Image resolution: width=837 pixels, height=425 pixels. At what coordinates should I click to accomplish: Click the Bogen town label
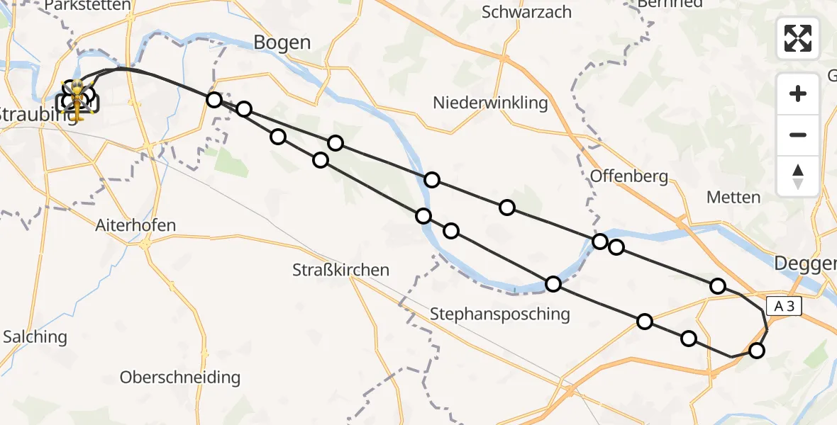[282, 42]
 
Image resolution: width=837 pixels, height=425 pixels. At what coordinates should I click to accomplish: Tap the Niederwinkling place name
[491, 103]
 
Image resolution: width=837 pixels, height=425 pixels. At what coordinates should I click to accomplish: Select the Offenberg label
[629, 176]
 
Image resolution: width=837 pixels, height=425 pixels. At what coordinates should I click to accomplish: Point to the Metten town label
[734, 198]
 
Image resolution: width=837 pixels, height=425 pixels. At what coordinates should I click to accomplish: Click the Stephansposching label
[499, 313]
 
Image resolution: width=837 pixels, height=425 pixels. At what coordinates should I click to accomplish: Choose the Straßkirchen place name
[341, 270]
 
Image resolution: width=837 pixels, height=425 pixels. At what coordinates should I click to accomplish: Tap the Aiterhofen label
[135, 225]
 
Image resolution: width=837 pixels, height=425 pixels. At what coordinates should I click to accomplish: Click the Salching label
[35, 336]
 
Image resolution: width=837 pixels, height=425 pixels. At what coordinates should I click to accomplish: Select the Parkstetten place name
[87, 6]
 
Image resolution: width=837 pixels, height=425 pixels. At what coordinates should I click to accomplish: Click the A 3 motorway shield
[784, 306]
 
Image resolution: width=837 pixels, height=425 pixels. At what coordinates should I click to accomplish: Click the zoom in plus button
[798, 93]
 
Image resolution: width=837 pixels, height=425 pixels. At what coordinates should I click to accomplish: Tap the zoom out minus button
[798, 135]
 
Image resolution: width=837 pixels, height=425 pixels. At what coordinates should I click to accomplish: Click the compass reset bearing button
[798, 176]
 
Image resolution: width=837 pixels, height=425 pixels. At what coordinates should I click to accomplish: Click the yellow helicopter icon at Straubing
[77, 100]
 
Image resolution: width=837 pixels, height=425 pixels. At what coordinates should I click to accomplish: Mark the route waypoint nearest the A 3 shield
[757, 351]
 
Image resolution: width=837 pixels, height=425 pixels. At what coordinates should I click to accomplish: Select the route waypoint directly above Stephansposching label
[553, 284]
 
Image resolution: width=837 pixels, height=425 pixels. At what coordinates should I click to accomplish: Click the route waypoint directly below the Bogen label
[244, 109]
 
